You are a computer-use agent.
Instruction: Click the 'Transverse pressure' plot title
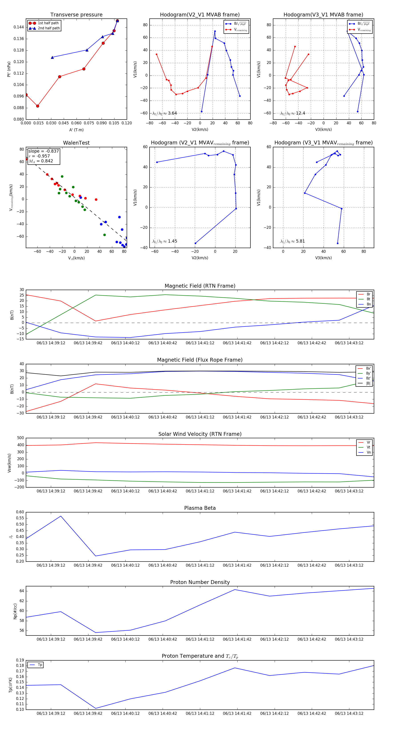point(76,15)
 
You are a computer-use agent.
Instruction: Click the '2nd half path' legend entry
point(49,28)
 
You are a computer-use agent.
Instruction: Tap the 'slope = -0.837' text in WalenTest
point(44,151)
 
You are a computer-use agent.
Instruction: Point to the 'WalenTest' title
point(76,143)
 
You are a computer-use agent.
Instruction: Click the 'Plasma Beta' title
point(200,508)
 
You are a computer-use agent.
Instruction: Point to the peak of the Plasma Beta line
point(61,516)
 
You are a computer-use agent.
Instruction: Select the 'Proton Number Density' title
point(200,582)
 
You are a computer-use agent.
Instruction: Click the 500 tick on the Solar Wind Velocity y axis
point(20,438)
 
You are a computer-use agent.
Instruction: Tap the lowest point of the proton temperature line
point(96,708)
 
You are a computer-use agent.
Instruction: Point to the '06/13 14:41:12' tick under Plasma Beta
point(200,565)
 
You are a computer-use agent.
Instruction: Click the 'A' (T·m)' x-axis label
point(76,130)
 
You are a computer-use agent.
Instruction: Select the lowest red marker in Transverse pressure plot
point(38,106)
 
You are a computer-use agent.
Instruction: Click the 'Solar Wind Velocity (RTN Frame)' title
point(200,434)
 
